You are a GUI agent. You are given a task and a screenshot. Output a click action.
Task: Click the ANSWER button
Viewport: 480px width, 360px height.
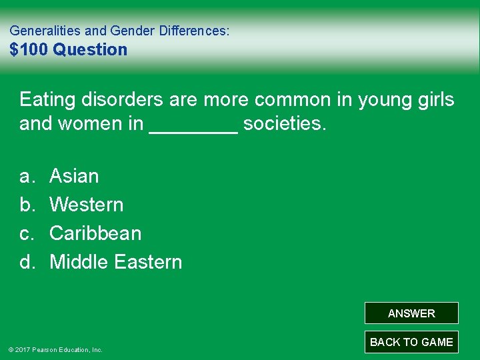[x=411, y=313]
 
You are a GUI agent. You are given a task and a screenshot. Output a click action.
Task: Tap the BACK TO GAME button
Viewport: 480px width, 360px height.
[x=411, y=342]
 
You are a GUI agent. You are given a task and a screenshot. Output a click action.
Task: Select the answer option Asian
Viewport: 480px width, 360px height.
[x=74, y=176]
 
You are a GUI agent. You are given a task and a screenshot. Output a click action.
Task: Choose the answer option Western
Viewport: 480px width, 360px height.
[x=86, y=205]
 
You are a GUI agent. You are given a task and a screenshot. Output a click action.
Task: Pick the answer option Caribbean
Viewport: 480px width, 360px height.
[x=95, y=233]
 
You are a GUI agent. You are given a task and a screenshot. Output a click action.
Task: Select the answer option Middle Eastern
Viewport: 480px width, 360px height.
[x=115, y=262]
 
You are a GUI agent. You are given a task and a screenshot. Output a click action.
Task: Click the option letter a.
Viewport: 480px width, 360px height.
[x=26, y=176]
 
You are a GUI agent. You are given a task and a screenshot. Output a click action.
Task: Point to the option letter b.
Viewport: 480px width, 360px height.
[x=26, y=205]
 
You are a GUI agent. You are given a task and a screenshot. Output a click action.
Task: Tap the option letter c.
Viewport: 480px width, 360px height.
[x=26, y=233]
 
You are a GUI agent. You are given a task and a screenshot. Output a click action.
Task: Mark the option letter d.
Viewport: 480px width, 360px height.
[x=26, y=262]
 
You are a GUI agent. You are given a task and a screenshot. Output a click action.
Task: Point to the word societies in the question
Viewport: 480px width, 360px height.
[x=285, y=124]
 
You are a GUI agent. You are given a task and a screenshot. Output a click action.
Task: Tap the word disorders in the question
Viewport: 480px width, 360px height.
[x=121, y=100]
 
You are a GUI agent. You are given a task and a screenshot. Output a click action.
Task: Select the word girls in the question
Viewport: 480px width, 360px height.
[x=434, y=100]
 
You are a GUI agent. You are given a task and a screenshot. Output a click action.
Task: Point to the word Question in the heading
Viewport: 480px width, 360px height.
[x=90, y=49]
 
